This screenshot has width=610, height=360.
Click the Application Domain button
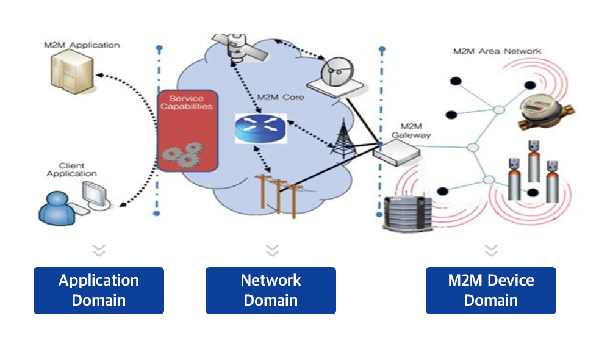(99, 290)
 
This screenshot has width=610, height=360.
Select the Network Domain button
(271, 290)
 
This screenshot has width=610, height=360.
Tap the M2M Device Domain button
(491, 290)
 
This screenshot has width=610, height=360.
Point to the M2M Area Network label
(497, 51)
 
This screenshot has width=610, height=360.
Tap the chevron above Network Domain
(272, 250)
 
